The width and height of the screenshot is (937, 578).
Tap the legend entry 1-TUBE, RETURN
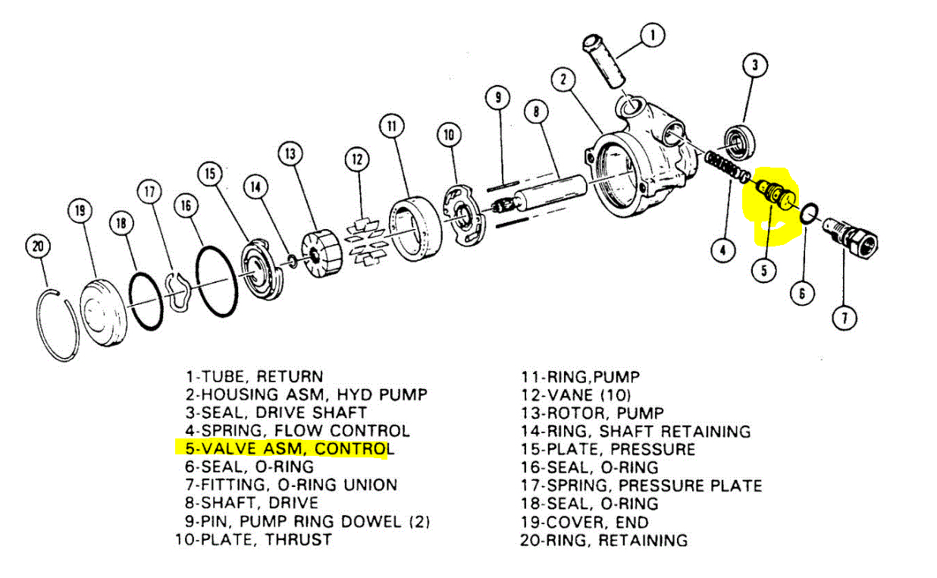254,376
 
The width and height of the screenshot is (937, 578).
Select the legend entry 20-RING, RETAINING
603,540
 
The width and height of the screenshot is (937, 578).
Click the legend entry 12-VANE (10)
575,394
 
